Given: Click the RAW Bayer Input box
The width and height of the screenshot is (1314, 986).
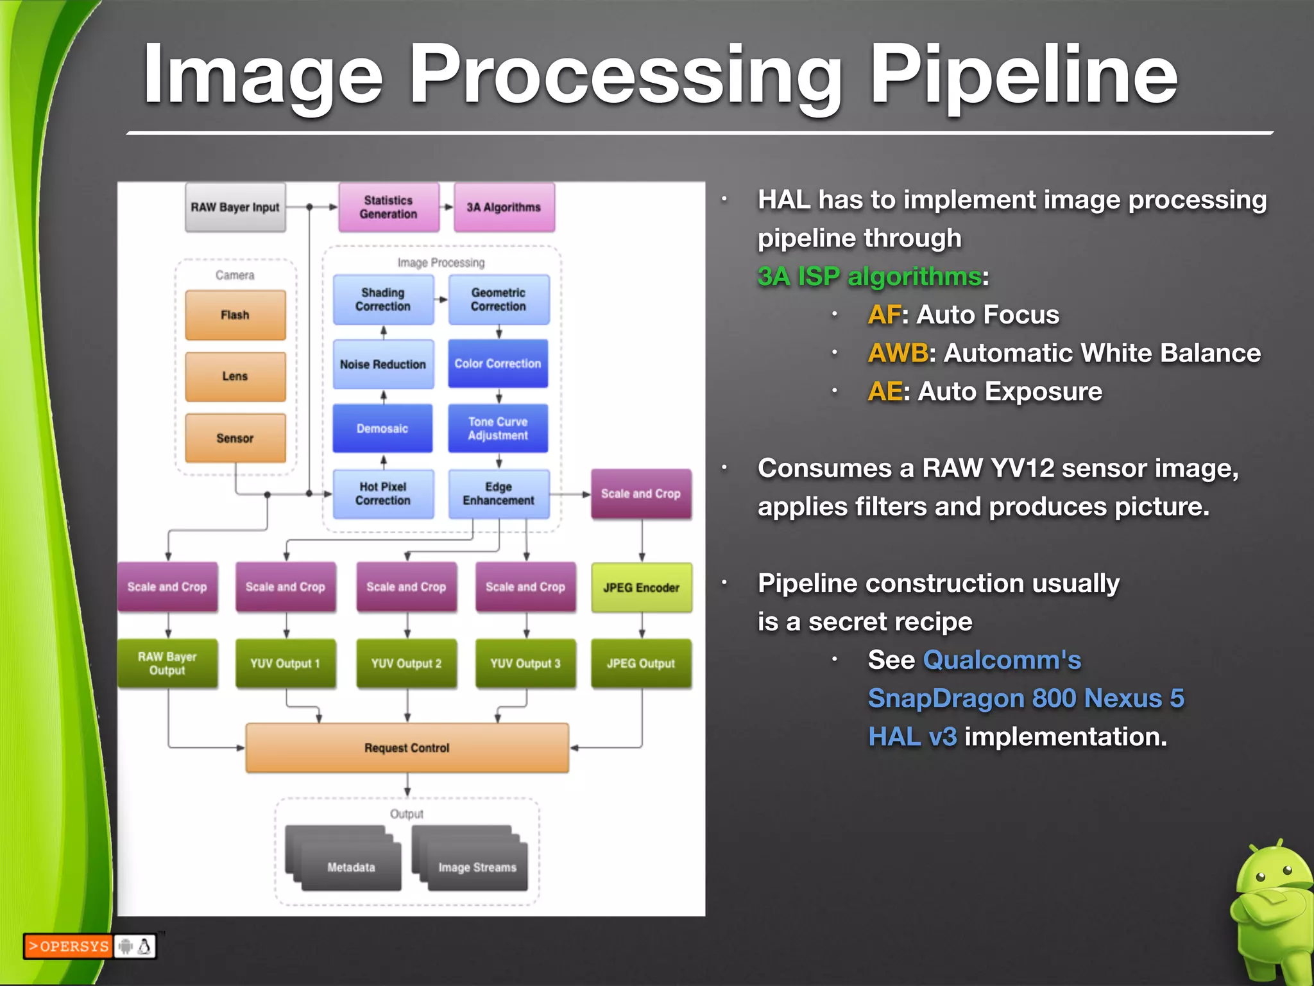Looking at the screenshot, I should pyautogui.click(x=235, y=207).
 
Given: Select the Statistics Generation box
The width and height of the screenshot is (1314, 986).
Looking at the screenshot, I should pyautogui.click(x=389, y=207).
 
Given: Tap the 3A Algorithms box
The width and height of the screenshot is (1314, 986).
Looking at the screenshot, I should pyautogui.click(x=504, y=207).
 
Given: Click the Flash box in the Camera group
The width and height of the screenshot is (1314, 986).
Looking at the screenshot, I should pyautogui.click(x=235, y=315).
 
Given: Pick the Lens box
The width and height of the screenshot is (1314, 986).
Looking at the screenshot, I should pyautogui.click(x=235, y=376).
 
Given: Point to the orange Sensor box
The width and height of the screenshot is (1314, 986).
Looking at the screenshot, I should pyautogui.click(x=235, y=438).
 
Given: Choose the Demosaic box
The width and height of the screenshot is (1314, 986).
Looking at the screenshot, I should pyautogui.click(x=382, y=428).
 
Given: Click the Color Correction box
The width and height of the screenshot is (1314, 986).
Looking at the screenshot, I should pyautogui.click(x=498, y=363).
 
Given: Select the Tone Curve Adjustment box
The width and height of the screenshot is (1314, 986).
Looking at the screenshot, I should pyautogui.click(x=498, y=428).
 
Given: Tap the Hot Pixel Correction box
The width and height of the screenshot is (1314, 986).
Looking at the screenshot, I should pyautogui.click(x=383, y=494).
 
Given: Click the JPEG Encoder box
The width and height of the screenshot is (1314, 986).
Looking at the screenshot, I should pyautogui.click(x=641, y=587).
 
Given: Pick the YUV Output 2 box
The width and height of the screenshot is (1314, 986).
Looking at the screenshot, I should pyautogui.click(x=406, y=663).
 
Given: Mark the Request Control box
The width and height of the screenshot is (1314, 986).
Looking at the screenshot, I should pyautogui.click(x=407, y=748).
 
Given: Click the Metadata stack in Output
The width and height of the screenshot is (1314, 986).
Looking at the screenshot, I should pyautogui.click(x=350, y=867).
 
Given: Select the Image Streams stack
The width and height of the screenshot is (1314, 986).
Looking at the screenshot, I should pyautogui.click(x=477, y=867).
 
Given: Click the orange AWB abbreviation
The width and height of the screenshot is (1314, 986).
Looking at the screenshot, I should pyautogui.click(x=897, y=353).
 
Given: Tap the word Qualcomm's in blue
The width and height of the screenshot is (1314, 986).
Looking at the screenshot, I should pyautogui.click(x=1002, y=660).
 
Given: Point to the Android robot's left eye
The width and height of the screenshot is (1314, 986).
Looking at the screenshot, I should pyautogui.click(x=1260, y=877).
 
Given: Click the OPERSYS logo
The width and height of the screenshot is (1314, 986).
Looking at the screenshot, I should pyautogui.click(x=68, y=946).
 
